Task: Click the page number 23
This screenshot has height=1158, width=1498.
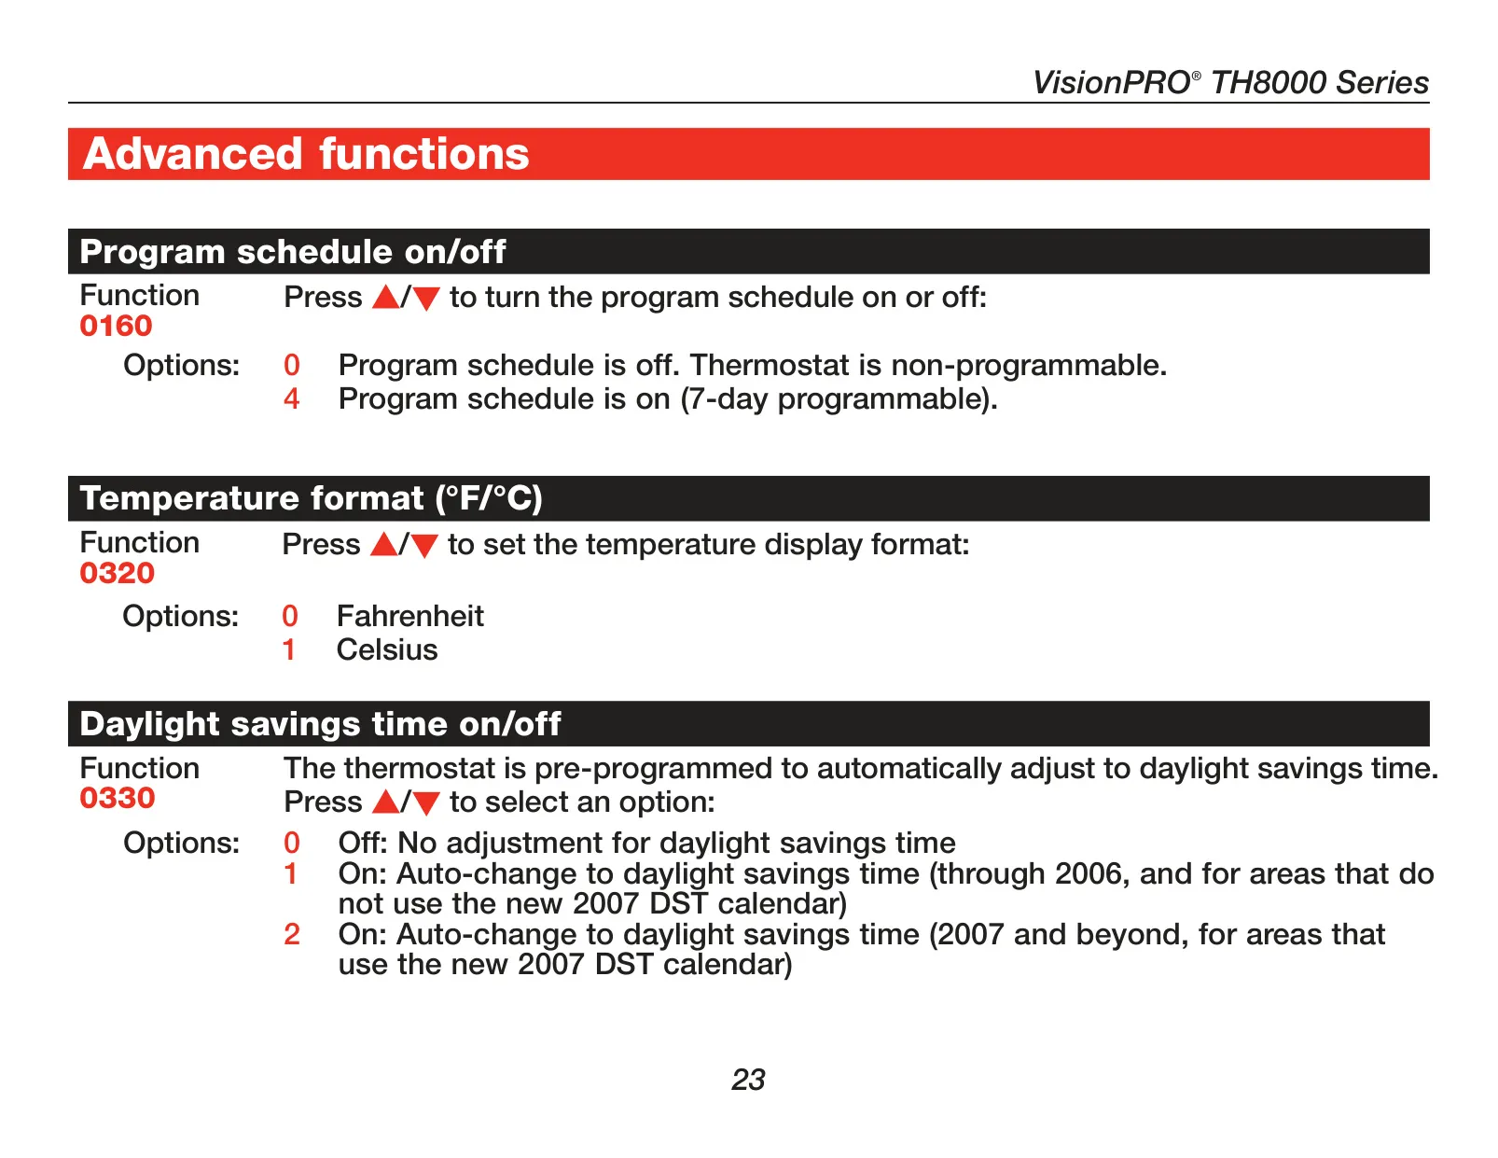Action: point(748,1080)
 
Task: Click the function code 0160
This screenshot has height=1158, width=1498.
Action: point(116,327)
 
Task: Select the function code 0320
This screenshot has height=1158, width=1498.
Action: point(118,573)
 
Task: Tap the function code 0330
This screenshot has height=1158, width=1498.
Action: point(118,799)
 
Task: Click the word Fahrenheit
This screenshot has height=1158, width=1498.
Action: point(410,616)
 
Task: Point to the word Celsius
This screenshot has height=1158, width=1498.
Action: point(387,649)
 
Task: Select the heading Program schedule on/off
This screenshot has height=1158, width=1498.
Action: point(292,252)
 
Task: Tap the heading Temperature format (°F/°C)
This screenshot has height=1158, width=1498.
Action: point(311,498)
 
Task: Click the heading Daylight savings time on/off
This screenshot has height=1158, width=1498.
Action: point(320,724)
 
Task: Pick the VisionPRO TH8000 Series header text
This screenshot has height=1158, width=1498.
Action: point(1230,83)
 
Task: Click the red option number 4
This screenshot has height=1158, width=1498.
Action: point(292,398)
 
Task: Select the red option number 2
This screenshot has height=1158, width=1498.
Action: point(292,935)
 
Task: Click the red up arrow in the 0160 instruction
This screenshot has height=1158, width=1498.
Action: point(386,298)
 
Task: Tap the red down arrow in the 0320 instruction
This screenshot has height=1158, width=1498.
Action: point(424,547)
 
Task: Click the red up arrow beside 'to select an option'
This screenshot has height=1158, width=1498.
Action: point(386,802)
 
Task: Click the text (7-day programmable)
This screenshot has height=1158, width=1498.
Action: point(839,399)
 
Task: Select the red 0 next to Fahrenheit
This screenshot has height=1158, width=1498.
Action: point(289,616)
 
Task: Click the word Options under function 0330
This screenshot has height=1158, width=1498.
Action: point(181,843)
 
